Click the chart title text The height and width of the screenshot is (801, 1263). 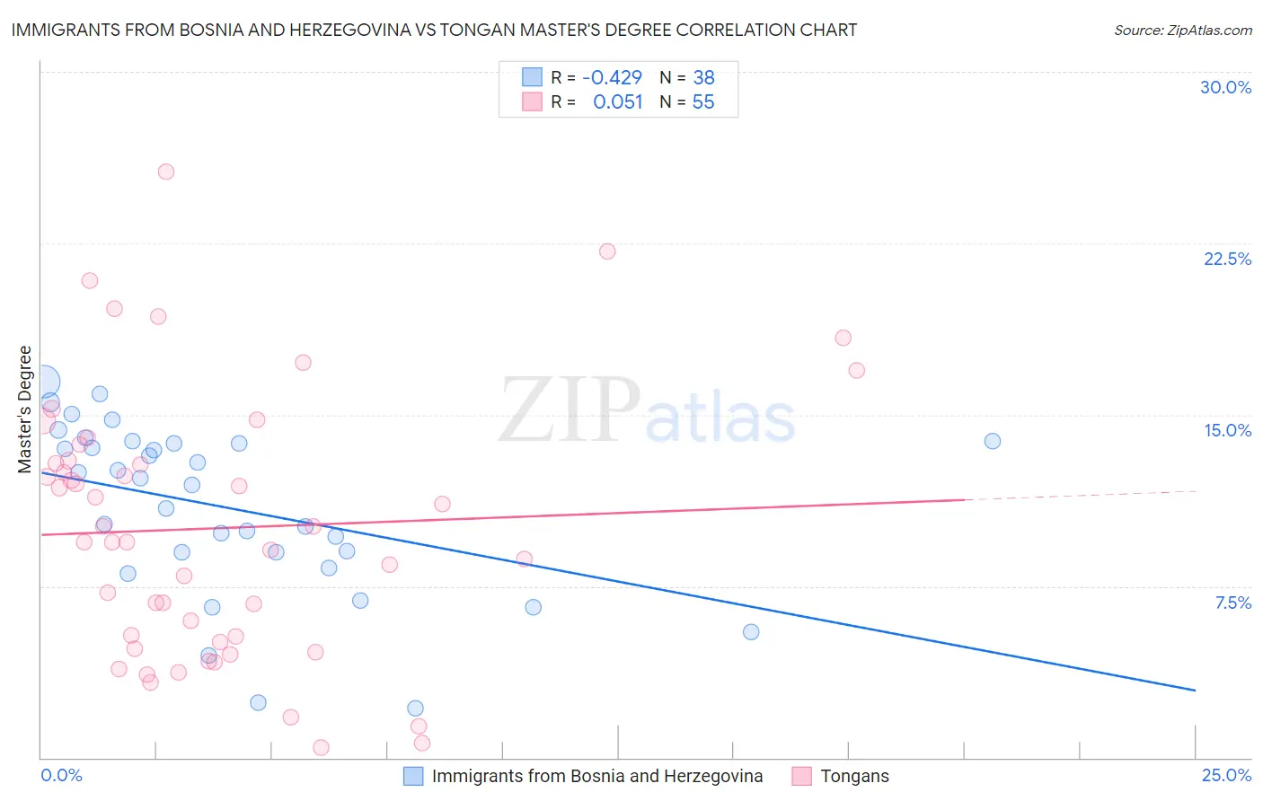(434, 30)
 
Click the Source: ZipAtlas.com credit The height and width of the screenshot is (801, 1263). (1182, 30)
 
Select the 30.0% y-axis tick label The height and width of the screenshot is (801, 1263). (1225, 87)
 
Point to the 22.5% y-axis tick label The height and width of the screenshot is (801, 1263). (1227, 259)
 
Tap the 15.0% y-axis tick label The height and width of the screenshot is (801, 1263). (1227, 430)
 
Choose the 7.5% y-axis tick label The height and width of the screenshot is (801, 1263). (1232, 603)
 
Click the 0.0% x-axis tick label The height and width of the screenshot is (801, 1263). (61, 775)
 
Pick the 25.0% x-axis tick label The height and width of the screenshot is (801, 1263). (1226, 775)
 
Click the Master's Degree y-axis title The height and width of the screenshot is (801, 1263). (24, 409)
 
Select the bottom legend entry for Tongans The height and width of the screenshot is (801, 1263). (853, 776)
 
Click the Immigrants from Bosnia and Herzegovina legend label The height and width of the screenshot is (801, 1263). (596, 776)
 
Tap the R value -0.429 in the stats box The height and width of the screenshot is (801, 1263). (612, 78)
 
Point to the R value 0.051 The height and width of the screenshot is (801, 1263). (618, 102)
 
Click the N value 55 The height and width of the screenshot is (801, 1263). (703, 102)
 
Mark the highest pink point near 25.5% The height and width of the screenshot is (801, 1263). (166, 172)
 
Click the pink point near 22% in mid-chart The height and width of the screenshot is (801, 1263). (607, 251)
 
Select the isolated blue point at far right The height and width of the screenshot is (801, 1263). (993, 441)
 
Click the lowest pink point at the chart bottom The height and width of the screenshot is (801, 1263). (321, 747)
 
